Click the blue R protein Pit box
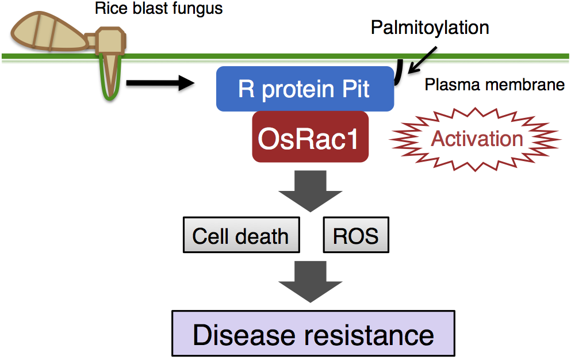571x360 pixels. [x=305, y=89]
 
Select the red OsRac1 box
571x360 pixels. [x=310, y=138]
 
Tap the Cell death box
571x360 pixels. [x=241, y=235]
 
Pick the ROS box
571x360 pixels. [x=356, y=235]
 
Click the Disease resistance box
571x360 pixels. [x=313, y=334]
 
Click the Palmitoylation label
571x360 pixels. [x=430, y=27]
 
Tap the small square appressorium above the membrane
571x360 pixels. [x=109, y=41]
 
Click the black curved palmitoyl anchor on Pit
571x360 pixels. [x=397, y=75]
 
